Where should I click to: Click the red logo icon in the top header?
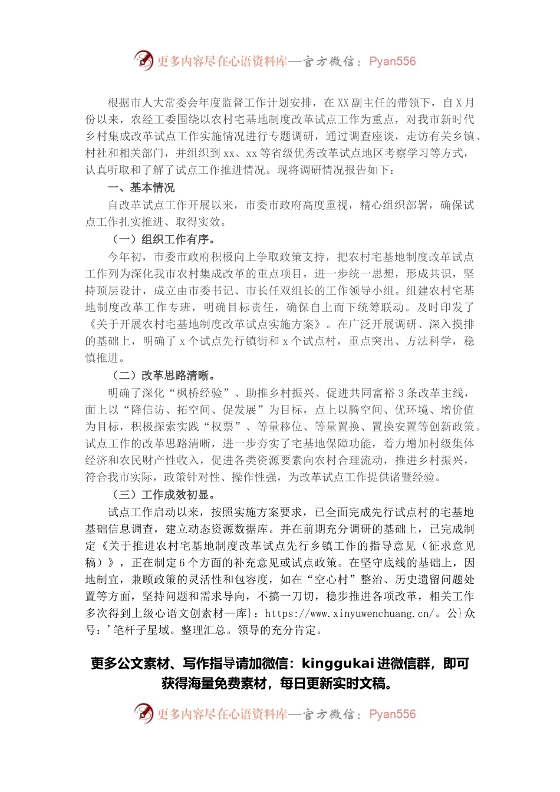click(x=143, y=60)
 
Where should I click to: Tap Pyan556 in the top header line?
click(x=392, y=61)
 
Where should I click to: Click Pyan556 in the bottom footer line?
click(x=392, y=714)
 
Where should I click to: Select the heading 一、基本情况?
click(x=141, y=188)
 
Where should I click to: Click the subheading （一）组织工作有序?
click(x=164, y=239)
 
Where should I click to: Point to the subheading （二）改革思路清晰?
click(x=164, y=375)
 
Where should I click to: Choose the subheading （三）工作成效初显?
click(x=164, y=494)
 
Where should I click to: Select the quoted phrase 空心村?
click(x=337, y=580)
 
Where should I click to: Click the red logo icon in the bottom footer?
click(x=143, y=713)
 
